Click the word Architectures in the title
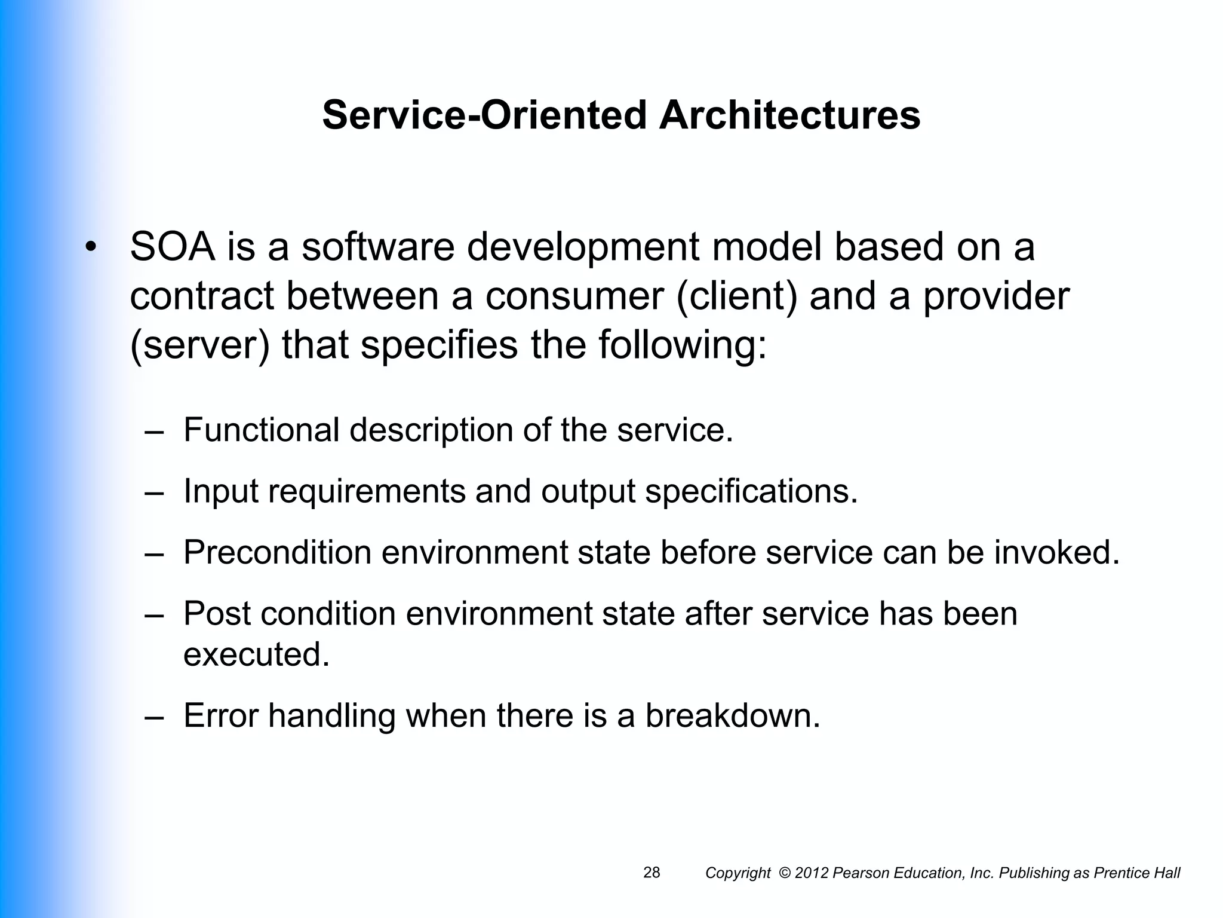tap(789, 115)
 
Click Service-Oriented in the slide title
tap(484, 115)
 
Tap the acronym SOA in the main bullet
tap(173, 247)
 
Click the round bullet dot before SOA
tap(90, 247)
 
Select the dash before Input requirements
tap(154, 492)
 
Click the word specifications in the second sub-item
tap(751, 491)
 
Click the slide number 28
tap(652, 873)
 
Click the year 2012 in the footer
tap(812, 873)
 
